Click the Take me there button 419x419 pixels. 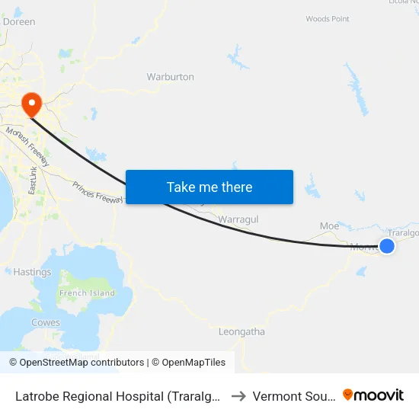(209, 187)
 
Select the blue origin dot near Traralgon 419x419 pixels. (387, 245)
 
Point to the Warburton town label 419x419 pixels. (170, 77)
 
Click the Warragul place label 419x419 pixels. (238, 219)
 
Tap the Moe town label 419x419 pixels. (329, 226)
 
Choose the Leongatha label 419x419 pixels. (241, 331)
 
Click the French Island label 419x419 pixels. (88, 293)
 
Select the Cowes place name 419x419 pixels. (46, 322)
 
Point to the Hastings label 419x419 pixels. (32, 272)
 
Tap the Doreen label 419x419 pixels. (19, 22)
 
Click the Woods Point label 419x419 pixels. (328, 18)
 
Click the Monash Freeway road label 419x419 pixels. (27, 147)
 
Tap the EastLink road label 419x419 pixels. (32, 181)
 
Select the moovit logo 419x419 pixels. (373, 395)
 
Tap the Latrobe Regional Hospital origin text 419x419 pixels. (118, 396)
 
